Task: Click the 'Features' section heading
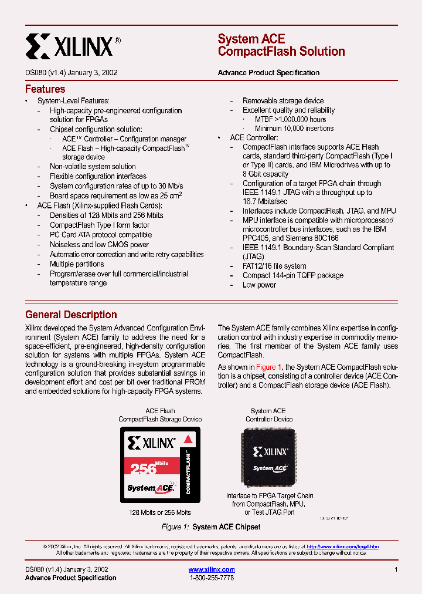pyautogui.click(x=45, y=89)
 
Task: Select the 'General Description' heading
pyautogui.click(x=71, y=315)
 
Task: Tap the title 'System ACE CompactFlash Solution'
pyautogui.click(x=281, y=45)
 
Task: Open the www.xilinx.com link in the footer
pyautogui.click(x=212, y=569)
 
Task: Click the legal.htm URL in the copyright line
pyautogui.click(x=342, y=546)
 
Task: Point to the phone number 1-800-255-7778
pyautogui.click(x=212, y=578)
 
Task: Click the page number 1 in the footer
pyautogui.click(x=396, y=569)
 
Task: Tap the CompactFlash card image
pyautogui.click(x=160, y=464)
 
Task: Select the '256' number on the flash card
pyautogui.click(x=144, y=468)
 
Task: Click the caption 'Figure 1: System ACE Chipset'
pyautogui.click(x=211, y=527)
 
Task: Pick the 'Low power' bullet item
pyautogui.click(x=259, y=285)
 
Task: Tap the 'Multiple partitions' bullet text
pyautogui.click(x=77, y=264)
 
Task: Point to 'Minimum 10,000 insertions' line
pyautogui.click(x=294, y=128)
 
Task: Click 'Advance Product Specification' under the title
pyautogui.click(x=268, y=73)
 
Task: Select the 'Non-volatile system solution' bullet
pyautogui.click(x=93, y=167)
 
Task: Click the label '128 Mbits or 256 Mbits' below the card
pyautogui.click(x=160, y=512)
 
